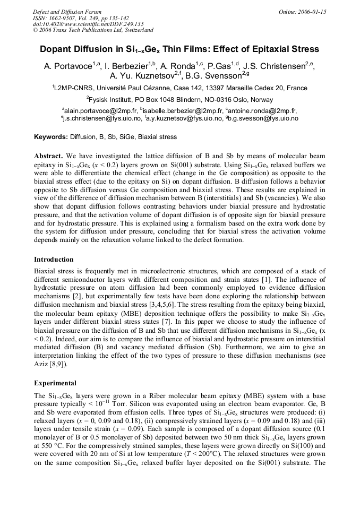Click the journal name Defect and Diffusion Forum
(67, 12)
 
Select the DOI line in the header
(88, 24)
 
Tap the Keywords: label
(52, 137)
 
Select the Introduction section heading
(54, 260)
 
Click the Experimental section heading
(55, 383)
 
